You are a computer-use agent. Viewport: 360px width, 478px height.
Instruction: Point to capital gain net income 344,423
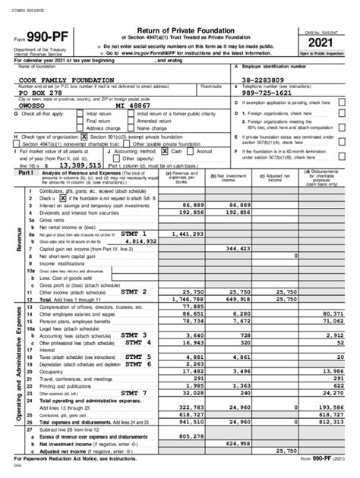(236, 248)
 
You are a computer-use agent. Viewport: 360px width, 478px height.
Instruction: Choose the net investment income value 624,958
(236, 445)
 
